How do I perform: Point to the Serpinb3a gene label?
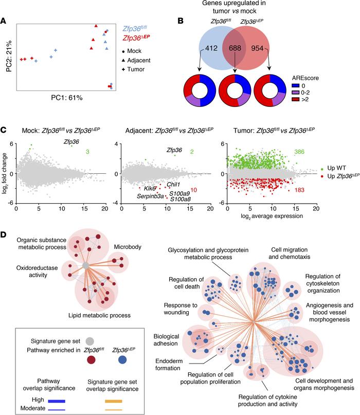(150, 196)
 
